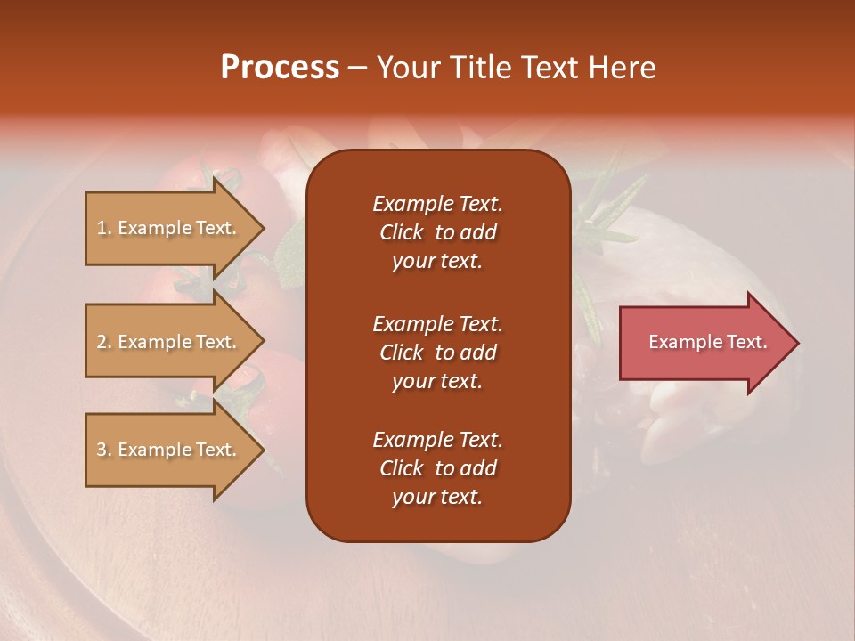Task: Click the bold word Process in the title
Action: [280, 68]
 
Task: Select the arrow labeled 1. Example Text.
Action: [169, 228]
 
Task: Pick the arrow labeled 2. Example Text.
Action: [169, 342]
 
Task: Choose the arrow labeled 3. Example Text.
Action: [169, 450]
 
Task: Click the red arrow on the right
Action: [704, 343]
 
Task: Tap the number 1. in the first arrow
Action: [104, 228]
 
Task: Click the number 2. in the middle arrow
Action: [104, 342]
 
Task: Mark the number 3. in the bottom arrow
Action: [104, 450]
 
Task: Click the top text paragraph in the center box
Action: [437, 232]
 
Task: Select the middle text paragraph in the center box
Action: [437, 353]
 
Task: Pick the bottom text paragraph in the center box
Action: [437, 468]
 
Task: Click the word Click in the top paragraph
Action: [401, 232]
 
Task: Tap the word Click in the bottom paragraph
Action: [401, 468]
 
